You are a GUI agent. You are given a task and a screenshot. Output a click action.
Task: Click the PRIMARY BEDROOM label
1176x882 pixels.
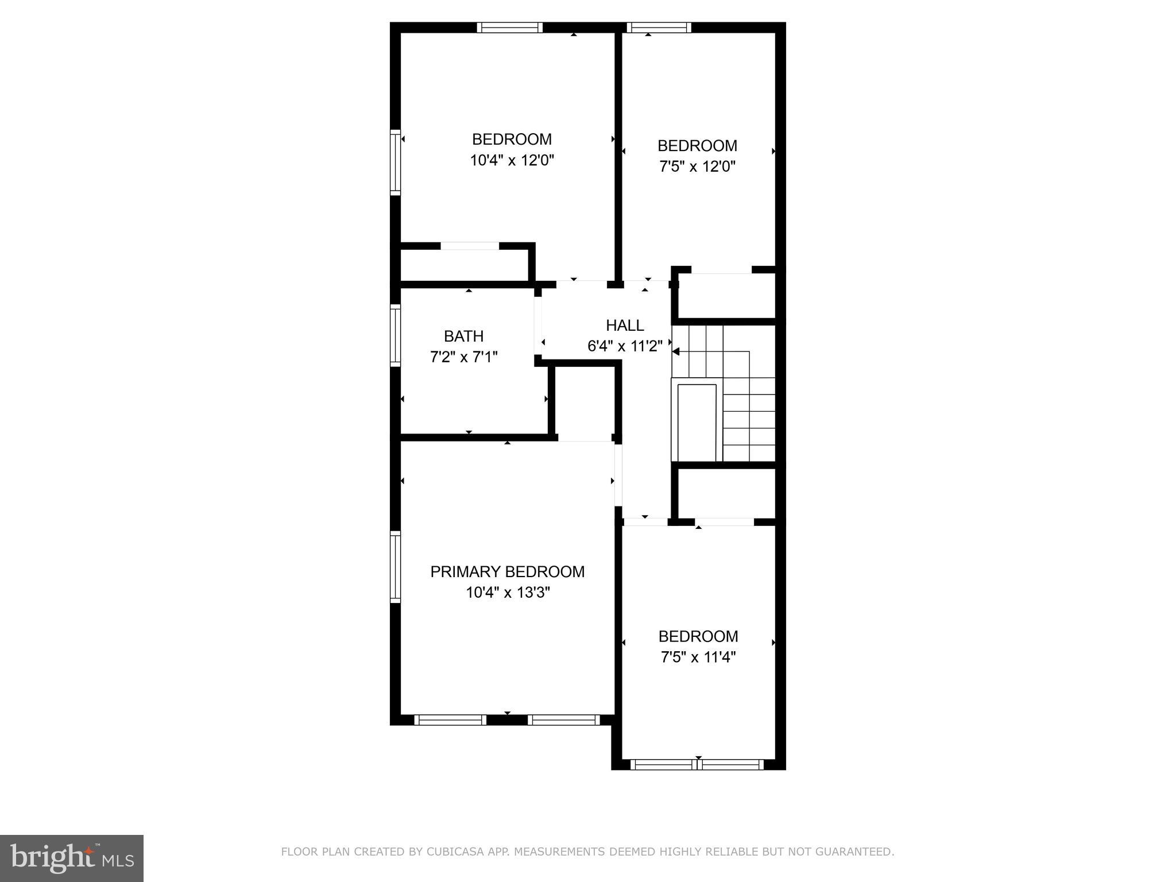(508, 571)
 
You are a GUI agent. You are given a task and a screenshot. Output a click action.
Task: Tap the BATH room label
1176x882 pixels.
(463, 336)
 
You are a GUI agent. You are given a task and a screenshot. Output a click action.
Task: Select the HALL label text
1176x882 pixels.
(625, 325)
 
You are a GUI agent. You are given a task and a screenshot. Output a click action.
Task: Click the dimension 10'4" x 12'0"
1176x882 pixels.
(512, 160)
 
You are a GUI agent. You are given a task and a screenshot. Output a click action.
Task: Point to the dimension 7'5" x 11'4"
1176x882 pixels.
(698, 657)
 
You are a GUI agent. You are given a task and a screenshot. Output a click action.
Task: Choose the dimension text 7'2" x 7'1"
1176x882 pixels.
(463, 357)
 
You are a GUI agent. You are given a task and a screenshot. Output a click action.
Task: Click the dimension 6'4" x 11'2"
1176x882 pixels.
(625, 346)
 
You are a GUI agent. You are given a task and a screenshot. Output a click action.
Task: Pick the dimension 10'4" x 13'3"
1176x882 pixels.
(508, 592)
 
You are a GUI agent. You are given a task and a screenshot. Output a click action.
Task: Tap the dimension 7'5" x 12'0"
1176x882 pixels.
(697, 167)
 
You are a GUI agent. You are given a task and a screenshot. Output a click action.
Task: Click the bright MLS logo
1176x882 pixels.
(72, 858)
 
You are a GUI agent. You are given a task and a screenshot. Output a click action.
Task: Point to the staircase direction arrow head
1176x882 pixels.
(676, 351)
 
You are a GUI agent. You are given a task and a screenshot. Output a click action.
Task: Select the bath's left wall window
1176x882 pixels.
(395, 335)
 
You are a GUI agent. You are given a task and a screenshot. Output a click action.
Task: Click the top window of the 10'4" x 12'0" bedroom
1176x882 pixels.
(510, 28)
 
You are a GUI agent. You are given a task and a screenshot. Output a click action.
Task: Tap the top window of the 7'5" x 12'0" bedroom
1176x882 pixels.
(659, 28)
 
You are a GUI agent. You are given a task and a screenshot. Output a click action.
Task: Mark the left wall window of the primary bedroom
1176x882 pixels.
(395, 567)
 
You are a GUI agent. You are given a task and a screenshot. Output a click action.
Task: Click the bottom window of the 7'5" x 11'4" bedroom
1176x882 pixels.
(697, 764)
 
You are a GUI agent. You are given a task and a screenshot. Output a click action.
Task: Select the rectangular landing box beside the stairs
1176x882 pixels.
(697, 422)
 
